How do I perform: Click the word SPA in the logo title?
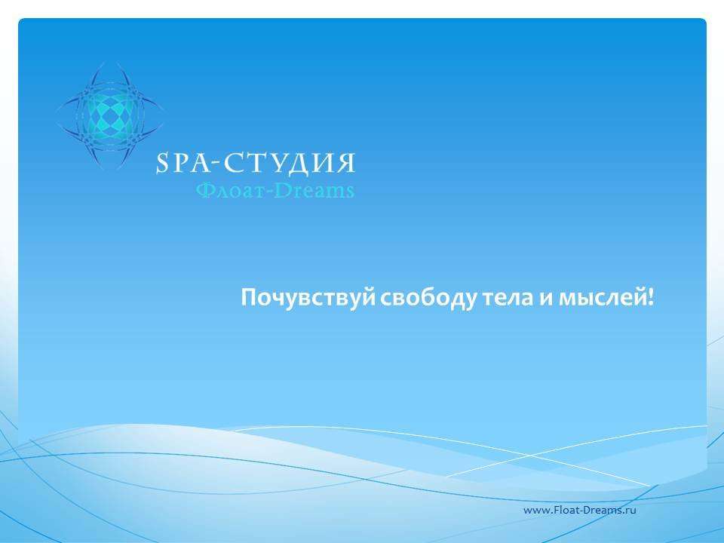pos(183,163)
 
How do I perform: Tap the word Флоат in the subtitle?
pos(227,190)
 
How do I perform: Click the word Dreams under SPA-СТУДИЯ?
pos(314,190)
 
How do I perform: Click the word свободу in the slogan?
pos(428,298)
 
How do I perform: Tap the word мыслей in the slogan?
pos(602,298)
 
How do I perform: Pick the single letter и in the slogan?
pos(545,299)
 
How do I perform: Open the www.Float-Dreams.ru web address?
pos(579,511)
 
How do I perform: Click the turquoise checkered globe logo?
pos(110,115)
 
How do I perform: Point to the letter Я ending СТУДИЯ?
pos(346,163)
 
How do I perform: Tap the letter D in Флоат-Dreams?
pos(282,190)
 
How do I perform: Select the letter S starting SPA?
pos(161,164)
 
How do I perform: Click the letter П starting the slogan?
pos(250,297)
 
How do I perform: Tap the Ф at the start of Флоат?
pos(205,190)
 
